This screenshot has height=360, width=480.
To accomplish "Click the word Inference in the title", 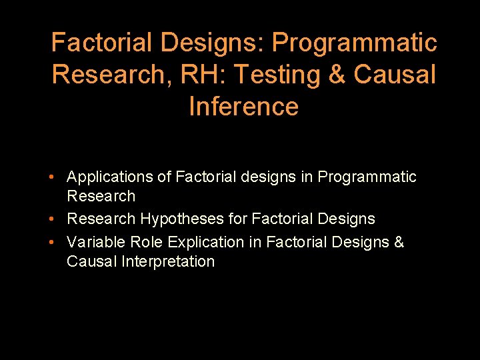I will [243, 106].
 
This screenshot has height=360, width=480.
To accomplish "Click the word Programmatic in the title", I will [354, 43].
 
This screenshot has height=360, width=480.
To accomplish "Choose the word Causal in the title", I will [395, 75].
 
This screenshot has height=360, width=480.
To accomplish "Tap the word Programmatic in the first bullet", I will [367, 177].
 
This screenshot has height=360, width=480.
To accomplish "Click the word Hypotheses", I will [179, 219].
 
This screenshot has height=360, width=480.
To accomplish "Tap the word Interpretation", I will [168, 261].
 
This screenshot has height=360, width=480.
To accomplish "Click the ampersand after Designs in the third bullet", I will [399, 242].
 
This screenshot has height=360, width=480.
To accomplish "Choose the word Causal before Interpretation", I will [92, 261].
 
